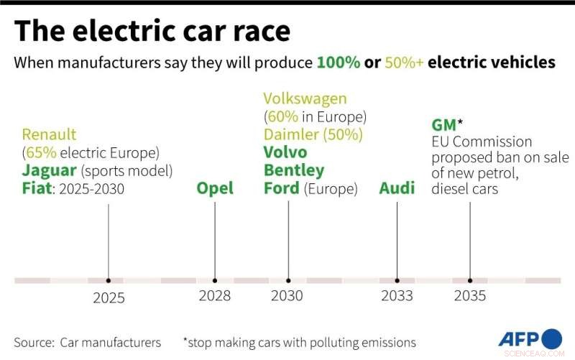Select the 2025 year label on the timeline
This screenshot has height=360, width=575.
pos(109,297)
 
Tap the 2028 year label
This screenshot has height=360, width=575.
pos(215,295)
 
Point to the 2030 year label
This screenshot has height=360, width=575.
pos(287,295)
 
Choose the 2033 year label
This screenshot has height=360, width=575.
pos(397,295)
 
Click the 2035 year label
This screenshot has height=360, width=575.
pos(469,295)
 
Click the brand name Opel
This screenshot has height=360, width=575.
pos(215,189)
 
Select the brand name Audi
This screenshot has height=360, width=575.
pos(397,189)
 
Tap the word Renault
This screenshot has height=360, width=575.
pos(49,134)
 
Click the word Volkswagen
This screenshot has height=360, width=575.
pos(305,98)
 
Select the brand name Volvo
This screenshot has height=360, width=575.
pos(285,152)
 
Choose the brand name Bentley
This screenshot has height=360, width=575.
pos(293,171)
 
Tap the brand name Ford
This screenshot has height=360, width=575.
pos(281,189)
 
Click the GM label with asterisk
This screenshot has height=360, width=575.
pos(446,125)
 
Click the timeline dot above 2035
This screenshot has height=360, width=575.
pos(470,280)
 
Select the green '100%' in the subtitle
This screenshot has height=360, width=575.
pos(338,63)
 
